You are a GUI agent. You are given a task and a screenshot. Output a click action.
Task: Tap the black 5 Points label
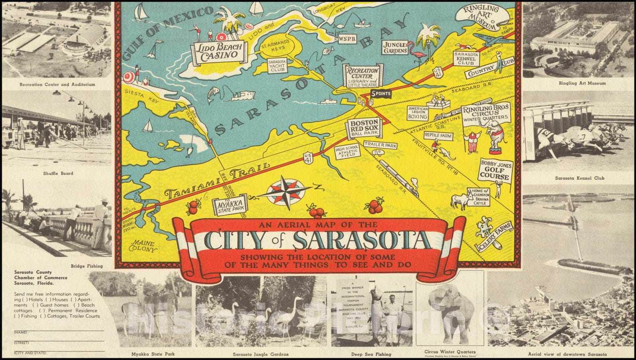click(381, 94)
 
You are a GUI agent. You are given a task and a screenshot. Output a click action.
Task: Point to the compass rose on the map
click(286, 192)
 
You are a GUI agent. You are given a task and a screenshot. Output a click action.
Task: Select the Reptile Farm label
click(438, 135)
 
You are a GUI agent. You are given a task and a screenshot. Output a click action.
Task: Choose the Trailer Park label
click(380, 145)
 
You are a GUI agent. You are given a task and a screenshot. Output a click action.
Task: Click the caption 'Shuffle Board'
click(58, 173)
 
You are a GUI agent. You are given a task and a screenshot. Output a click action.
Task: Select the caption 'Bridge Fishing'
click(87, 266)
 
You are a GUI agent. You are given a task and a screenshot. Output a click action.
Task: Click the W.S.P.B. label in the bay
click(347, 39)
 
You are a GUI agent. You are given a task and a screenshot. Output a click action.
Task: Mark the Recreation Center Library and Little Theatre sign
click(363, 76)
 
